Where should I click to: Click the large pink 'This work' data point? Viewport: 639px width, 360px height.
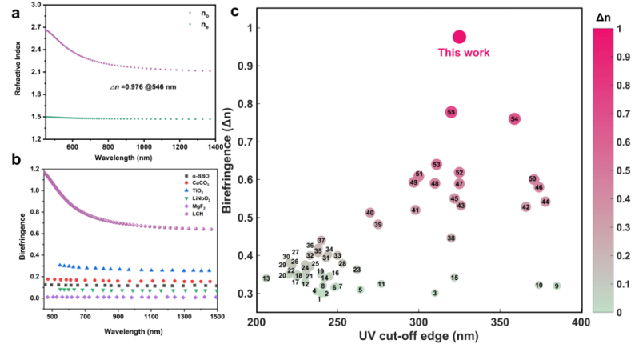tap(459, 36)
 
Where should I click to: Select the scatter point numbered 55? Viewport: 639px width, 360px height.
tap(451, 112)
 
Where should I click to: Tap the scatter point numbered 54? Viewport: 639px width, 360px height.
tap(514, 118)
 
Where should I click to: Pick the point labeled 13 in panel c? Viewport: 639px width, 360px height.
tap(266, 278)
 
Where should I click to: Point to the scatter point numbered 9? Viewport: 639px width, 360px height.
tap(556, 286)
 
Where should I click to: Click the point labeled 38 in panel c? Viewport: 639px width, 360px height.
tap(451, 238)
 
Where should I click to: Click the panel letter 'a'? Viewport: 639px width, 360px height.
tap(14, 13)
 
